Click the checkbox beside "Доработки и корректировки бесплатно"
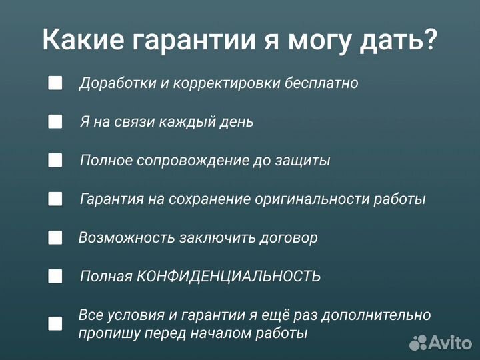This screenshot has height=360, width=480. (x=55, y=83)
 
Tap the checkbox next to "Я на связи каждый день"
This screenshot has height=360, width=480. (x=55, y=121)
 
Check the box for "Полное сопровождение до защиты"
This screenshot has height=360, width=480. (x=55, y=160)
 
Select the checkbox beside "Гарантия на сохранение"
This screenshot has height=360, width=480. (x=55, y=199)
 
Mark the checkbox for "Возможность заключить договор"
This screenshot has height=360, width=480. (x=55, y=237)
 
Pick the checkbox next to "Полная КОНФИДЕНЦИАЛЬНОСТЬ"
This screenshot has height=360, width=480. (x=55, y=276)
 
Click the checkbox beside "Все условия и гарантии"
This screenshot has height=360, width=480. (x=55, y=323)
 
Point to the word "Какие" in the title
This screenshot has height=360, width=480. (x=80, y=40)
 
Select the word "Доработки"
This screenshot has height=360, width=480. (x=110, y=84)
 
